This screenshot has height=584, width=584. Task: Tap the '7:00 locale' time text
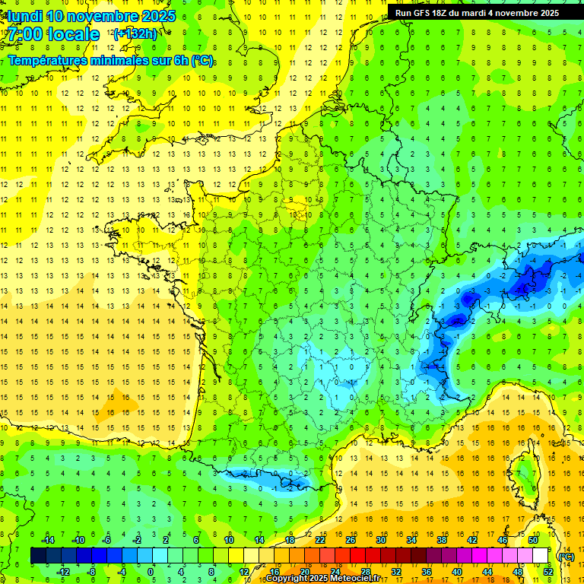pos(54,34)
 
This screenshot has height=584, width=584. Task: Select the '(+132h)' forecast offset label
pos(135,33)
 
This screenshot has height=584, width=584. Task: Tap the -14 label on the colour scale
pos(48,540)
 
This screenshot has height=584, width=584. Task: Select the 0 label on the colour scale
pos(150,572)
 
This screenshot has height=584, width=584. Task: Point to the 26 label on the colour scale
pos(350,540)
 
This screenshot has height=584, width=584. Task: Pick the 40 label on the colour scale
pos(456,572)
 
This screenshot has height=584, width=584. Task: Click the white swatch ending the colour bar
pos(540,556)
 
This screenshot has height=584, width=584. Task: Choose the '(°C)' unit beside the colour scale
pos(565,557)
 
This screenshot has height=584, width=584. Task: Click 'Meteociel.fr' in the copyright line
pos(354,579)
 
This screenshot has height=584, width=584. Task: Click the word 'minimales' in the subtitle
pos(116,61)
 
